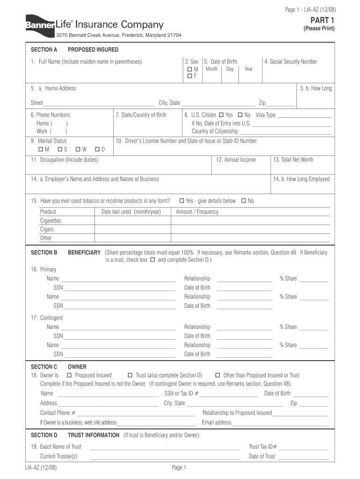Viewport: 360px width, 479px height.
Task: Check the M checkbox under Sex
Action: pos(190,69)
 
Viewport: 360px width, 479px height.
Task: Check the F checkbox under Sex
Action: pos(190,76)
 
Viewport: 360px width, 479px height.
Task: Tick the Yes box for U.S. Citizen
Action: pos(221,115)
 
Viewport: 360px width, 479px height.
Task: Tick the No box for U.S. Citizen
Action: pos(240,115)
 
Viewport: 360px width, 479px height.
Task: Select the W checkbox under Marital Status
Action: pos(78,149)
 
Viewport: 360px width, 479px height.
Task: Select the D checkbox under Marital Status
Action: pos(97,149)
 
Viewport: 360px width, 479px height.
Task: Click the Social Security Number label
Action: pos(290,62)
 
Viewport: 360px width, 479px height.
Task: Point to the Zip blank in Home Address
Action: pos(281,103)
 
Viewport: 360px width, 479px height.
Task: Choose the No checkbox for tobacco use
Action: pos(244,201)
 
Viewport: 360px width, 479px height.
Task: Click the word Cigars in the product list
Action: pos(47,229)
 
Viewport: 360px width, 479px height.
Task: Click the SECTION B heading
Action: pos(44,253)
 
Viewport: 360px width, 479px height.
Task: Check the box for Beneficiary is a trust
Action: pos(152,260)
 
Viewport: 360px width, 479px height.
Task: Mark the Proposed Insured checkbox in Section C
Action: pos(69,375)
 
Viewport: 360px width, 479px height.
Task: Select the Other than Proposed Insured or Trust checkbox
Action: pos(218,375)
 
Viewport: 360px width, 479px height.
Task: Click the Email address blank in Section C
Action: pos(280,423)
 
